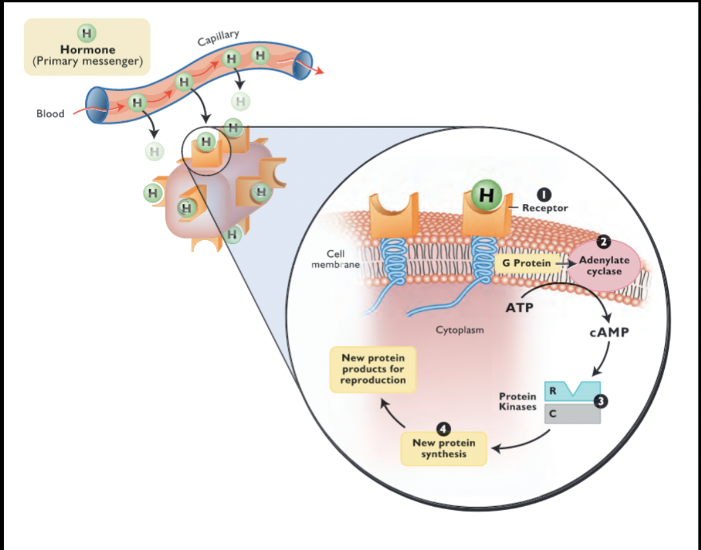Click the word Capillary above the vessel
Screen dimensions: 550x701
click(218, 38)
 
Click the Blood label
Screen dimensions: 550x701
click(50, 114)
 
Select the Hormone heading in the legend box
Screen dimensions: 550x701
click(87, 49)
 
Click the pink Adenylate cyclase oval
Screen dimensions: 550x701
click(604, 265)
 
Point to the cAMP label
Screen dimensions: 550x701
click(609, 334)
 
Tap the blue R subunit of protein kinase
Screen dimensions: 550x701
click(572, 391)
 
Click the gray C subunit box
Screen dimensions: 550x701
click(572, 414)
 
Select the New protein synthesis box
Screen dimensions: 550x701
click(443, 448)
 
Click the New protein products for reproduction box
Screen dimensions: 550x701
click(374, 369)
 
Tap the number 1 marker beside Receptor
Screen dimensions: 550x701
click(544, 194)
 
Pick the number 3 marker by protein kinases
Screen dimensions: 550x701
click(601, 402)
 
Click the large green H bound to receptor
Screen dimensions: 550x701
click(488, 196)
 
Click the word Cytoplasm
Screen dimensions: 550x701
click(460, 329)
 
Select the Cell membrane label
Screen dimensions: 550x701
click(336, 259)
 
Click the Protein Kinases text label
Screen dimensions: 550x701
click(518, 402)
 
